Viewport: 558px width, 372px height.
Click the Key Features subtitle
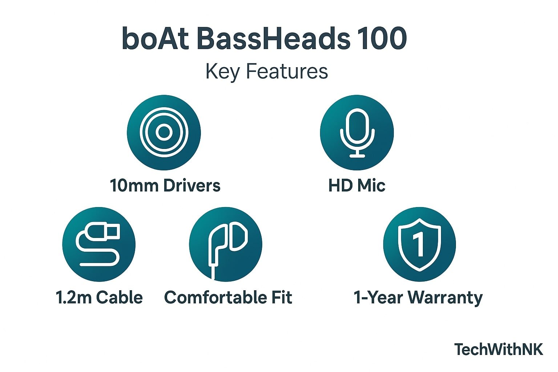pos(267,71)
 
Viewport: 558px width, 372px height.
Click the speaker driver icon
pos(164,132)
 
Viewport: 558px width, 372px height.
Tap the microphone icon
pos(357,132)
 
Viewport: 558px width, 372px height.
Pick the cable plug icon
pos(99,244)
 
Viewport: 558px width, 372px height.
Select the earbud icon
pos(226,244)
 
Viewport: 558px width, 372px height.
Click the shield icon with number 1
pos(420,244)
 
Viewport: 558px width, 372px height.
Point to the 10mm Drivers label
pos(165,185)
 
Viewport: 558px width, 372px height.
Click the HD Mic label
pos(357,185)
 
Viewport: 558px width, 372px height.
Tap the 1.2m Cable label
pos(99,297)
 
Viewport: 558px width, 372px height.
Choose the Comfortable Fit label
pos(228,297)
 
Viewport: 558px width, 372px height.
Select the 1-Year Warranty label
pos(418,297)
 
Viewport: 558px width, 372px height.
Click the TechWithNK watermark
pos(499,349)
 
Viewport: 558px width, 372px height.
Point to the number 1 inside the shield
pos(419,243)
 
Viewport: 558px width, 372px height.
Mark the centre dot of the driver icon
pos(164,132)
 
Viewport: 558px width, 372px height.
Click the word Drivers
pos(191,185)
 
